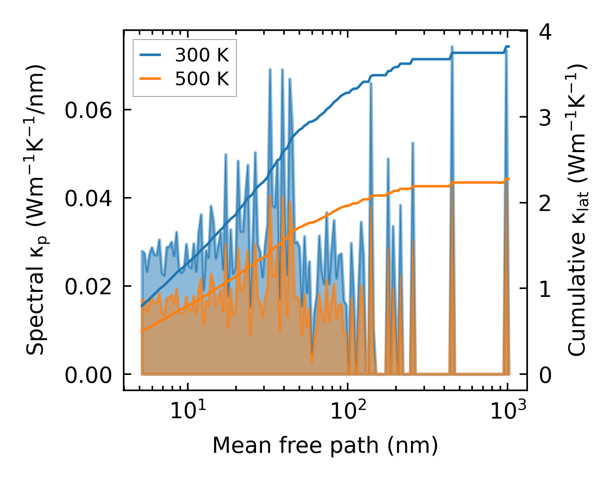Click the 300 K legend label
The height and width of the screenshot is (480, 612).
pos(202,56)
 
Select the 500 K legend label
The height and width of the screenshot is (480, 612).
pos(202,79)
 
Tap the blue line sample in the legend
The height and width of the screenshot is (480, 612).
pos(151,56)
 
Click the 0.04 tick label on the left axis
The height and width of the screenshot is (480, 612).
pos(89,199)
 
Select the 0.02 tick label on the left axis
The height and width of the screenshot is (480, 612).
pos(89,287)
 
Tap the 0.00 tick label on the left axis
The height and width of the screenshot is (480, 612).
pos(89,375)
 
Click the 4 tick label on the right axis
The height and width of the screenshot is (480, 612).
pos(545,32)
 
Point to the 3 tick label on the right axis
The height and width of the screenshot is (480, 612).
pos(545,118)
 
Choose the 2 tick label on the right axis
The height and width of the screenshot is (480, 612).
pos(545,204)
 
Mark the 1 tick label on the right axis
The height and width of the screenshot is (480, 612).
pos(545,289)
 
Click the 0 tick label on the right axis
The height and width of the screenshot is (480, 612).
pos(545,375)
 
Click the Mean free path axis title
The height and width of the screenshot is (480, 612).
pos(325,445)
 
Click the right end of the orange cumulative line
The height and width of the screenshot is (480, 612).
pos(509,179)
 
